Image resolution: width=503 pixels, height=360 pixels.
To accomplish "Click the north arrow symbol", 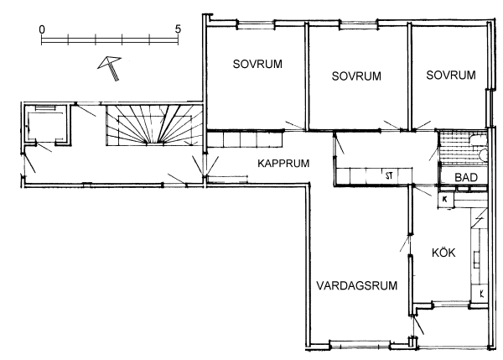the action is pyautogui.click(x=110, y=68).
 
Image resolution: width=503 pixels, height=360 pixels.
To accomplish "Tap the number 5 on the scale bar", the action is pyautogui.click(x=178, y=29).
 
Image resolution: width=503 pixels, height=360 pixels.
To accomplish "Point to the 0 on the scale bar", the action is pyautogui.click(x=42, y=30).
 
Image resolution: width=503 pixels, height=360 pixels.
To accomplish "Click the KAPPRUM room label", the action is pyautogui.click(x=283, y=164).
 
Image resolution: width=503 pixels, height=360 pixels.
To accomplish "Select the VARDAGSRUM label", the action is pyautogui.click(x=357, y=285).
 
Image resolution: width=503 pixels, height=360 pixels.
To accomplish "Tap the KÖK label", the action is pyautogui.click(x=443, y=253).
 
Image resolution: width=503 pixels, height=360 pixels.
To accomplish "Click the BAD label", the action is pyautogui.click(x=466, y=177).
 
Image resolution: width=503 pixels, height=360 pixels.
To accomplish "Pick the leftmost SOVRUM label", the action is pyautogui.click(x=257, y=65).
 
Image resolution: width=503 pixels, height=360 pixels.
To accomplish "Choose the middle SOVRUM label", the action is pyautogui.click(x=356, y=76).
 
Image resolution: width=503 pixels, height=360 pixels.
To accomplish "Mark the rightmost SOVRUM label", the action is pyautogui.click(x=451, y=76).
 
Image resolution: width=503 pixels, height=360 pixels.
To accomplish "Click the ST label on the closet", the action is pyautogui.click(x=389, y=175).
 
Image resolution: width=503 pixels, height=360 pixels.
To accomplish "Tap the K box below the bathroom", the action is pyautogui.click(x=446, y=200).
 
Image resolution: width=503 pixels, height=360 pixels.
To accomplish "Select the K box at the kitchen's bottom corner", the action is pyautogui.click(x=480, y=293).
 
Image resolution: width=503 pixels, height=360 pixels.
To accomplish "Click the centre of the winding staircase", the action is pyautogui.click(x=154, y=124).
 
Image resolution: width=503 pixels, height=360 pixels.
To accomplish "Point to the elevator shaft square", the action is pyautogui.click(x=45, y=124).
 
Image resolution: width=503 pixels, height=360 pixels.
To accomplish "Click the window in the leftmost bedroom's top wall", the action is pyautogui.click(x=257, y=23).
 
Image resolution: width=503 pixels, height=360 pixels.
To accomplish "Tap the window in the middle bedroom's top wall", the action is pyautogui.click(x=358, y=23).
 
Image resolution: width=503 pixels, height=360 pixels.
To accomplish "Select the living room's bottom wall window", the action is pyautogui.click(x=360, y=345).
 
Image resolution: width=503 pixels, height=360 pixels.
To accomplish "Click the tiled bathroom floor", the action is pyautogui.click(x=463, y=147).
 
